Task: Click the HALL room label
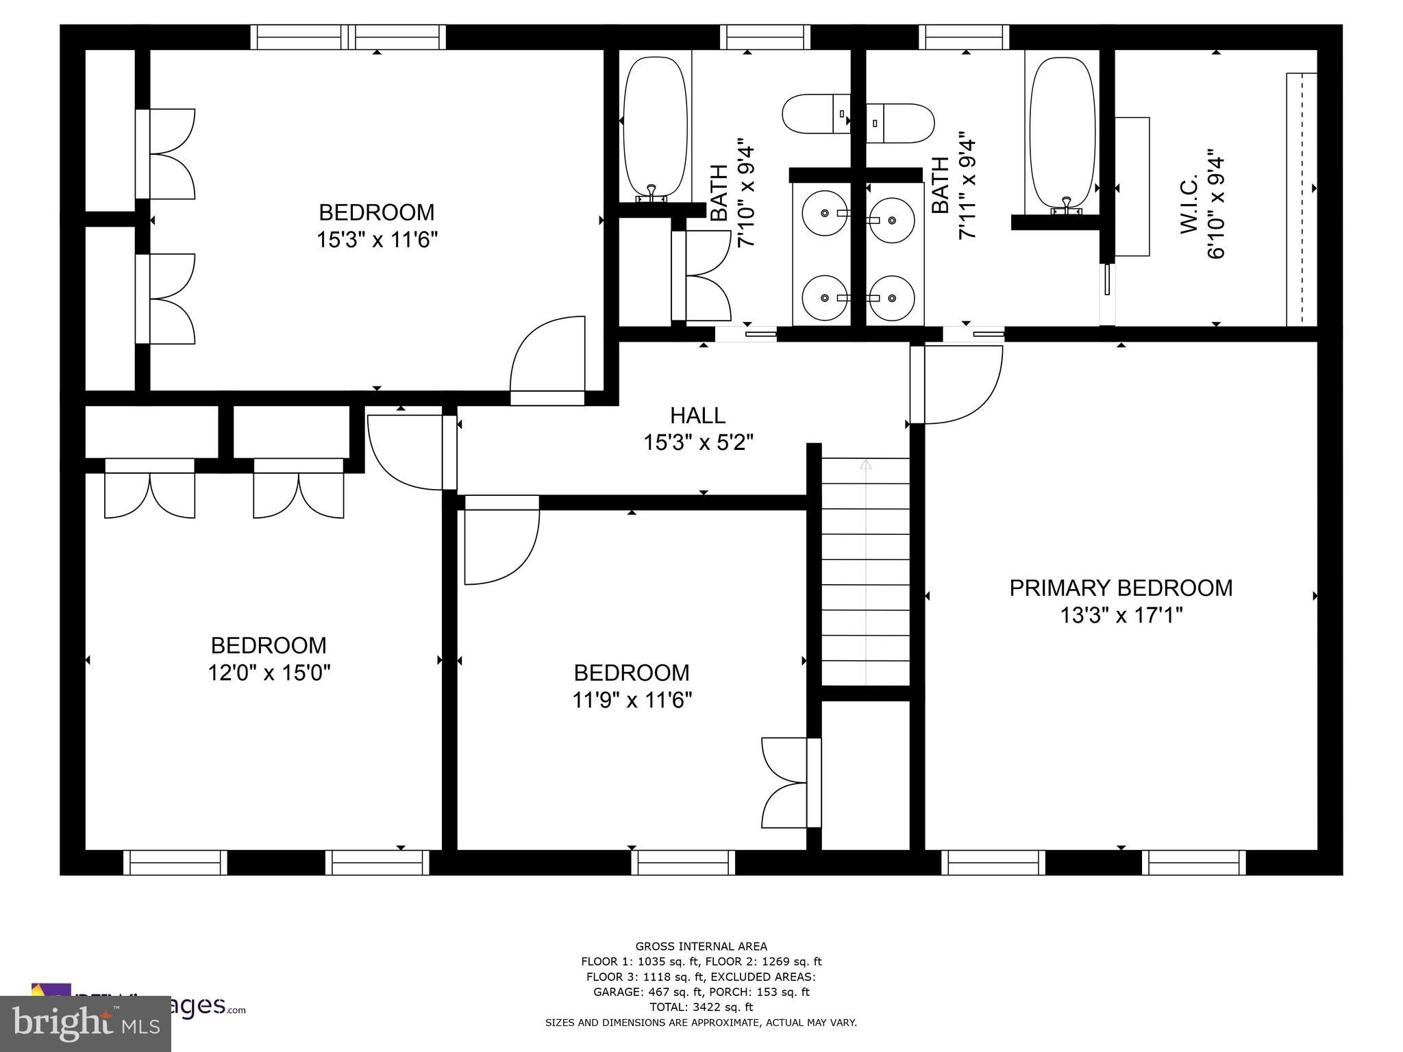(x=697, y=415)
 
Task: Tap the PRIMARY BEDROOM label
(x=1121, y=588)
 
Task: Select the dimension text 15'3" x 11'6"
(x=377, y=240)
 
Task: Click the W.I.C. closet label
(x=1189, y=204)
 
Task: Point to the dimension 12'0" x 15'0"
(x=269, y=673)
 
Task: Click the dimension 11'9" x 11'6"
(x=632, y=700)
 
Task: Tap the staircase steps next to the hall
(x=866, y=572)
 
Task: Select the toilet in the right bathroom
(x=900, y=123)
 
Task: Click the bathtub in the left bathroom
(x=655, y=128)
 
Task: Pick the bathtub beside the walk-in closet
(x=1062, y=133)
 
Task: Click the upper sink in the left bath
(x=824, y=214)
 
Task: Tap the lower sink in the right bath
(x=891, y=298)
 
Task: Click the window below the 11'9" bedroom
(x=683, y=862)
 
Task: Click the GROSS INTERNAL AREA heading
(x=701, y=947)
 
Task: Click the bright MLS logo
(x=86, y=1024)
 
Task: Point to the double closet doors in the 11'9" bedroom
(x=788, y=783)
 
